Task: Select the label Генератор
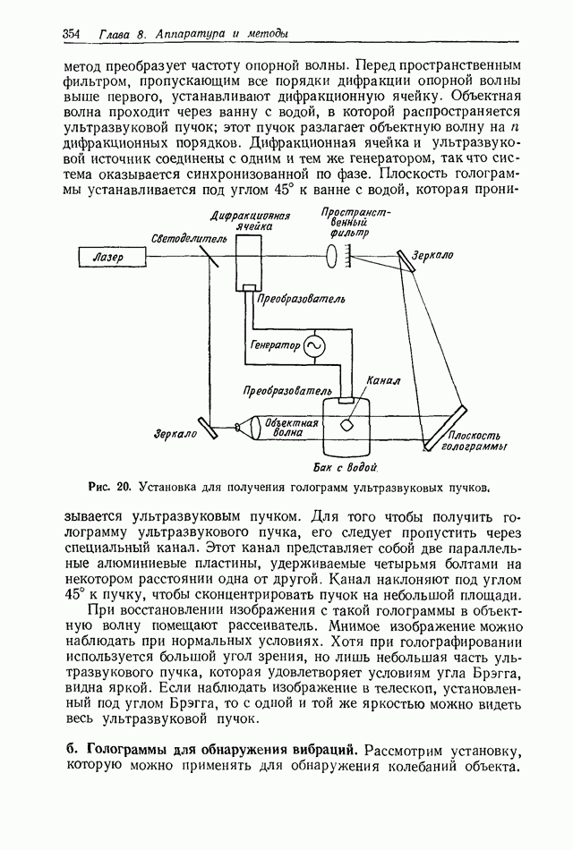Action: [x=276, y=344]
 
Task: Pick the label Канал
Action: [x=384, y=380]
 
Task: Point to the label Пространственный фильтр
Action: [x=349, y=223]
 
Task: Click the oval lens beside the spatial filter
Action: [x=335, y=258]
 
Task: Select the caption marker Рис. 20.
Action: [x=110, y=487]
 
